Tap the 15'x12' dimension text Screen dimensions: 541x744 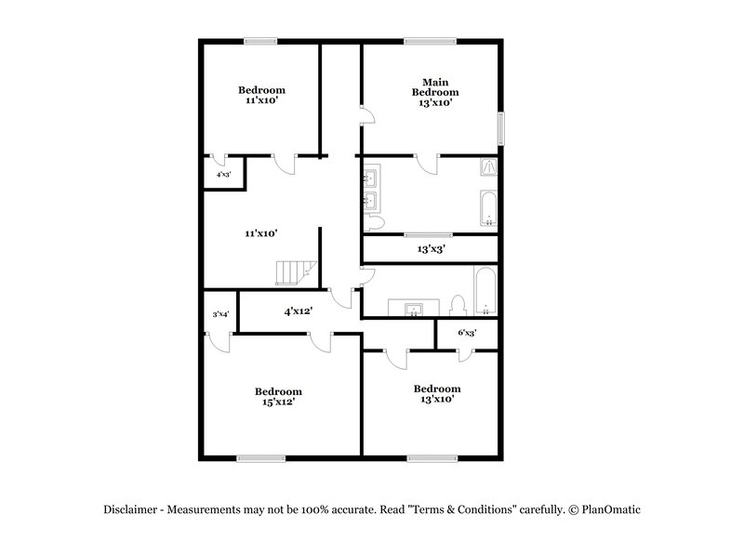tap(280, 402)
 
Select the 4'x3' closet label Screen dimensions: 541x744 tap(223, 174)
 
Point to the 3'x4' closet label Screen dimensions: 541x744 tap(220, 315)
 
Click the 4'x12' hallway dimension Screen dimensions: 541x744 tap(298, 311)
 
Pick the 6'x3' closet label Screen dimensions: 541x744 tap(467, 332)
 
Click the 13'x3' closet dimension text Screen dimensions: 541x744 tap(432, 249)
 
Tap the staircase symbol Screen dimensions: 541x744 tap(293, 272)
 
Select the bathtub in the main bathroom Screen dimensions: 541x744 tap(488, 209)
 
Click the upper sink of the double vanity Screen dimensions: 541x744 tap(369, 177)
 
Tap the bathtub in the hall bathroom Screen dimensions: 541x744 tap(485, 292)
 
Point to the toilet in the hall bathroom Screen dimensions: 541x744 tap(457, 305)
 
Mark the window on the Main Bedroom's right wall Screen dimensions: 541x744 tap(501, 128)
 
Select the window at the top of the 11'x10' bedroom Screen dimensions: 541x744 tap(261, 40)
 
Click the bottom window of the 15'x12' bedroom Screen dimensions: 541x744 tap(260, 456)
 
